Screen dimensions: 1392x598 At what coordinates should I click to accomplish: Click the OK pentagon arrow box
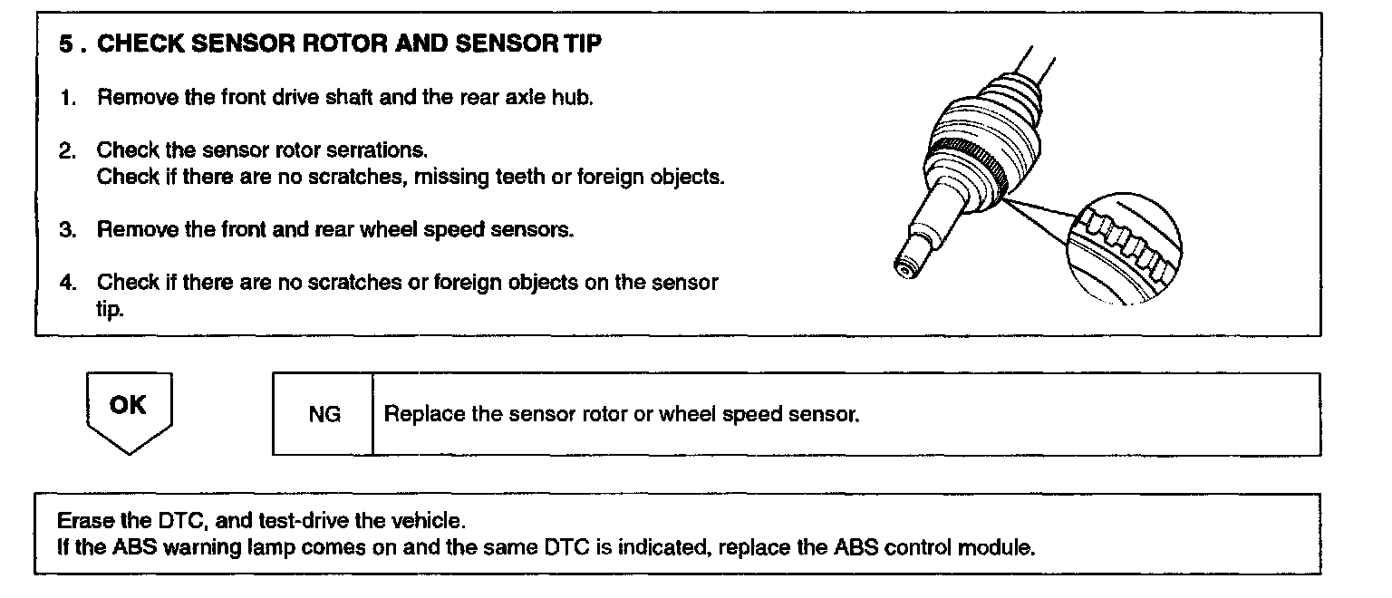click(128, 409)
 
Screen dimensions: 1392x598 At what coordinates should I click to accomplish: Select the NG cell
click(324, 415)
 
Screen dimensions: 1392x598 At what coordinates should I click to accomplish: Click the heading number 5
click(66, 44)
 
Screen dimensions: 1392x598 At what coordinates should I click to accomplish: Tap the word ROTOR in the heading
click(338, 44)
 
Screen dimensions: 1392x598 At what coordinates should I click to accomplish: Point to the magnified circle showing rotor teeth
click(1123, 248)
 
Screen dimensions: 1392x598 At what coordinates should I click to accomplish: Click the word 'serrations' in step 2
click(380, 149)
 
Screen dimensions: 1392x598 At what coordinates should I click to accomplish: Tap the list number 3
click(66, 229)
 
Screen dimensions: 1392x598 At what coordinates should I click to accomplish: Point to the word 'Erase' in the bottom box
click(81, 523)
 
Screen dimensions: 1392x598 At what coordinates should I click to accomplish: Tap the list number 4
click(66, 282)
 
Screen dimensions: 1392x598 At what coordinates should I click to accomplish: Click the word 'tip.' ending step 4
click(110, 309)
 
